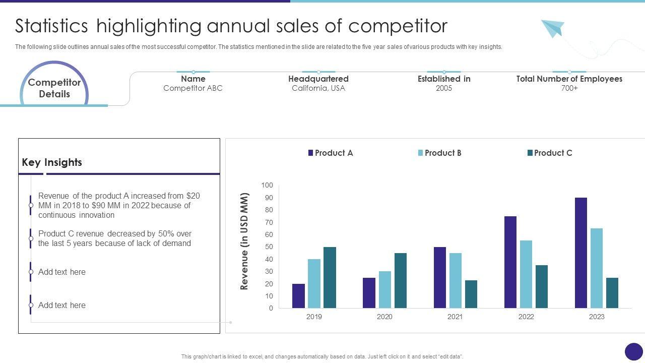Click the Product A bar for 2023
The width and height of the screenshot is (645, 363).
tap(580, 253)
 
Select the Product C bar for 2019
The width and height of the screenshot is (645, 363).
tap(330, 277)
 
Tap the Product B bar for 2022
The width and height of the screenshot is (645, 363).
tap(526, 274)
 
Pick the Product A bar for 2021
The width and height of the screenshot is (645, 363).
tap(440, 277)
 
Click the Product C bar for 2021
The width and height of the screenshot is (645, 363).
tap(471, 294)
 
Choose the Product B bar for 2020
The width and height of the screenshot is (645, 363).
tap(384, 289)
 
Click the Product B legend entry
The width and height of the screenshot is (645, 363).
tap(439, 153)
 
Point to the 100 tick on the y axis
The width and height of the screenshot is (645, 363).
tap(267, 186)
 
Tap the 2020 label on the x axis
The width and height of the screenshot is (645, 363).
tap(384, 317)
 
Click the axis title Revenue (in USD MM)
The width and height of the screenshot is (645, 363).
tap(245, 241)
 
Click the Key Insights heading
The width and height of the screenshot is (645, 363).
tap(52, 162)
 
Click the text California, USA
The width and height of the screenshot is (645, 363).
tap(318, 88)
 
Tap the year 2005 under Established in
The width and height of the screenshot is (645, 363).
tap(444, 88)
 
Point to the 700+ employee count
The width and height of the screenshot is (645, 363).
tap(569, 88)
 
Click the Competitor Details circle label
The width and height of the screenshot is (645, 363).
tap(54, 88)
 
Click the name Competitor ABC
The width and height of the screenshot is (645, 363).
tap(193, 88)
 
